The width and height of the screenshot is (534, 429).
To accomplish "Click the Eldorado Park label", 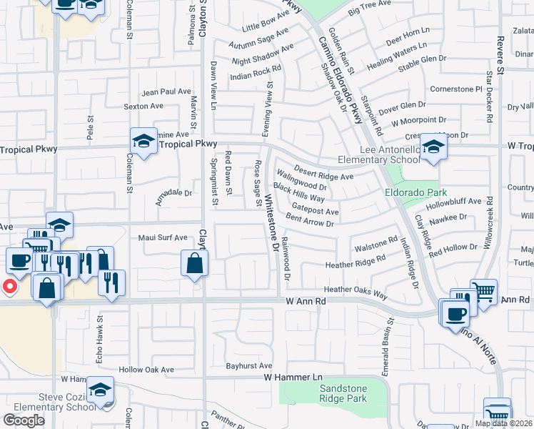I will coord(415,192).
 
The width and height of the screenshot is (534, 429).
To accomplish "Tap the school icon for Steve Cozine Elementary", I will coord(101,390).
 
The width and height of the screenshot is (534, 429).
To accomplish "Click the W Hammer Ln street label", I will coord(293,376).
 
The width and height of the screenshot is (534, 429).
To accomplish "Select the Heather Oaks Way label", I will coord(356,292).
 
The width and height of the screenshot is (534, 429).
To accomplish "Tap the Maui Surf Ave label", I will coord(163,237).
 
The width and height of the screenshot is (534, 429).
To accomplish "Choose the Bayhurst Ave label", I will coord(250,365).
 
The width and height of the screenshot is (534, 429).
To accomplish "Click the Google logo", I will coord(24,420).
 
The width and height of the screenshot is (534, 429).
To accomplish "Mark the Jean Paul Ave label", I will coord(166,92).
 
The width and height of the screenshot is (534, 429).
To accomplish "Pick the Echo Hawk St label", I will coord(100,340).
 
